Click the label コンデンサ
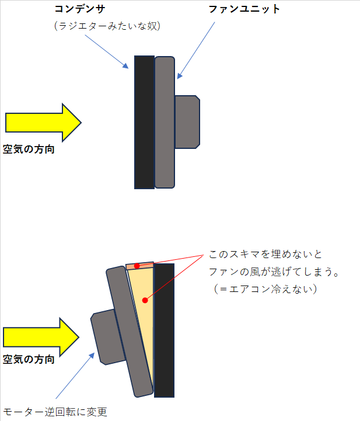pyautogui.click(x=80, y=9)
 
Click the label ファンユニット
pyautogui.click(x=244, y=9)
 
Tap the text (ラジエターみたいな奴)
pyautogui.click(x=107, y=26)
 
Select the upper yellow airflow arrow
pyautogui.click(x=43, y=123)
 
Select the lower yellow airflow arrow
pyautogui.click(x=41, y=338)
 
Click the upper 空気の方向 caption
pyautogui.click(x=29, y=149)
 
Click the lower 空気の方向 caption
pyautogui.click(x=29, y=359)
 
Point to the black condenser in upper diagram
pyautogui.click(x=144, y=122)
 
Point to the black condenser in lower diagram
pyautogui.click(x=164, y=330)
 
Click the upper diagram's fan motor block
pyautogui.click(x=187, y=122)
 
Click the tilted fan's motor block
pyautogui.click(x=107, y=337)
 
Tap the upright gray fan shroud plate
pyautogui.click(x=165, y=122)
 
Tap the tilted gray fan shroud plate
pyautogui.click(x=130, y=332)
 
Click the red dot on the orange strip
pyautogui.click(x=137, y=266)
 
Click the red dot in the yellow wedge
pyautogui.click(x=145, y=300)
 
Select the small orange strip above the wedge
pyautogui.click(x=140, y=266)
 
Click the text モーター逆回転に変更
pyautogui.click(x=55, y=412)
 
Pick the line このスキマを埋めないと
pyautogui.click(x=265, y=254)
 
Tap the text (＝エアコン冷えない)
pyautogui.click(x=265, y=289)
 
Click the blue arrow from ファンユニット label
pyautogui.click(x=196, y=50)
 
